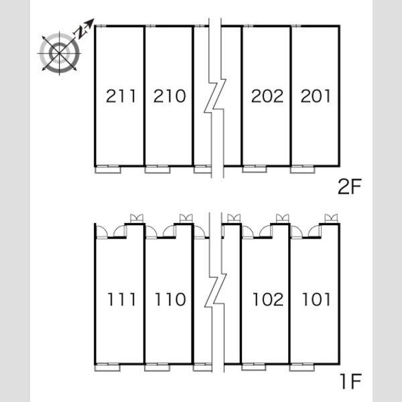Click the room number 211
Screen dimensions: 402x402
pyautogui.click(x=121, y=96)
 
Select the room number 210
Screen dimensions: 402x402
pyautogui.click(x=170, y=96)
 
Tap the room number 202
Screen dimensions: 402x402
pyautogui.click(x=267, y=96)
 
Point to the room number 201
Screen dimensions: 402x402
pyautogui.click(x=316, y=96)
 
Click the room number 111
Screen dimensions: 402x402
pyautogui.click(x=121, y=299)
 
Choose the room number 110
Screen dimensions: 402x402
pyautogui.click(x=170, y=299)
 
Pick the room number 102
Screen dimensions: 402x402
pyautogui.click(x=268, y=299)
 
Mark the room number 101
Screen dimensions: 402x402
pyautogui.click(x=316, y=299)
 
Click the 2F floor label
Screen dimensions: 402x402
pyautogui.click(x=349, y=187)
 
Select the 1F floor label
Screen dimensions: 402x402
pyautogui.click(x=351, y=381)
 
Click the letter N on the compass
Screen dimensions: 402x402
pyautogui.click(x=80, y=33)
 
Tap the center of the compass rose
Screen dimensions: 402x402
pyautogui.click(x=60, y=54)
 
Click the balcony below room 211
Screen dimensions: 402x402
pyautogui.click(x=108, y=170)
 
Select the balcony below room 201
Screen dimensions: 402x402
pyautogui.click(x=303, y=170)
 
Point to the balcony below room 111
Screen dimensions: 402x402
pyautogui.click(x=107, y=367)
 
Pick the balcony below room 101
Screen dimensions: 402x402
pyautogui.click(x=302, y=367)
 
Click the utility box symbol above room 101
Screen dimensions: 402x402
pyautogui.click(x=331, y=218)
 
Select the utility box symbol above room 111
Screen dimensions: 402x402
pyautogui.click(x=137, y=218)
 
